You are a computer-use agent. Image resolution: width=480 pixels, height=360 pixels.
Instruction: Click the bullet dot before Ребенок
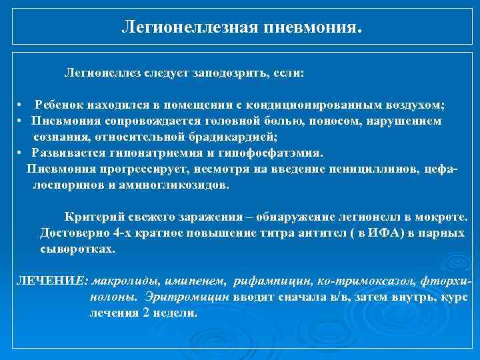[22, 106]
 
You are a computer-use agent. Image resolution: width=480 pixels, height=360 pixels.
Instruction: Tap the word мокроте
[455, 217]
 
